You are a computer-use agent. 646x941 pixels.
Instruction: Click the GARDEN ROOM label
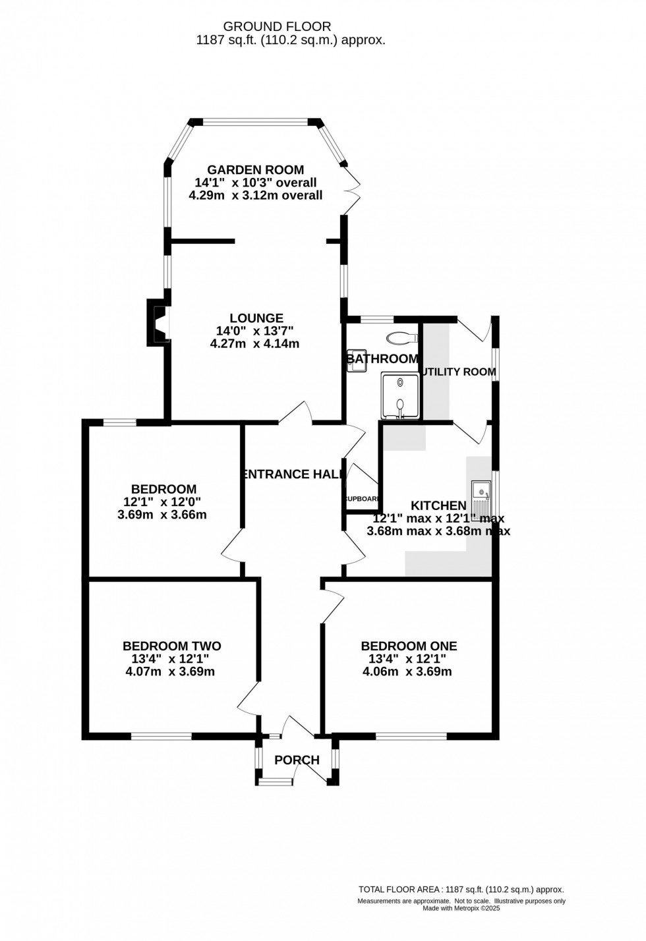click(256, 170)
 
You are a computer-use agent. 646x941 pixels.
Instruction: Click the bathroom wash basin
click(357, 360)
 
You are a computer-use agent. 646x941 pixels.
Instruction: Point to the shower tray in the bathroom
click(400, 395)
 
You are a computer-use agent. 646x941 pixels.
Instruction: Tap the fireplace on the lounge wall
click(158, 323)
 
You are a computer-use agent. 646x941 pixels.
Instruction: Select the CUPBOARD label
click(362, 499)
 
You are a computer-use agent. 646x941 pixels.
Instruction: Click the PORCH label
click(297, 760)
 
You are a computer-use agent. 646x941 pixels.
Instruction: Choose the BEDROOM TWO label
click(172, 646)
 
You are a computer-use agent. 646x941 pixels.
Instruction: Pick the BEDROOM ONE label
click(409, 646)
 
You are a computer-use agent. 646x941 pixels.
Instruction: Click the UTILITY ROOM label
click(459, 372)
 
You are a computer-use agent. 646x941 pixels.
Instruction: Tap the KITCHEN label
click(438, 505)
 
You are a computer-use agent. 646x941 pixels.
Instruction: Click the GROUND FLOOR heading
click(277, 26)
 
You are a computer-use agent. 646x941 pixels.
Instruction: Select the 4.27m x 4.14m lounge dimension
click(255, 343)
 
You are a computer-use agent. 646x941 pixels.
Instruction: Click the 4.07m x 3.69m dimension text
click(170, 672)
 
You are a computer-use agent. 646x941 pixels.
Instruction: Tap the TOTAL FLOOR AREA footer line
click(461, 890)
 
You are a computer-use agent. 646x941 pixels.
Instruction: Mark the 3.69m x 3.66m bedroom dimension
click(162, 515)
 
